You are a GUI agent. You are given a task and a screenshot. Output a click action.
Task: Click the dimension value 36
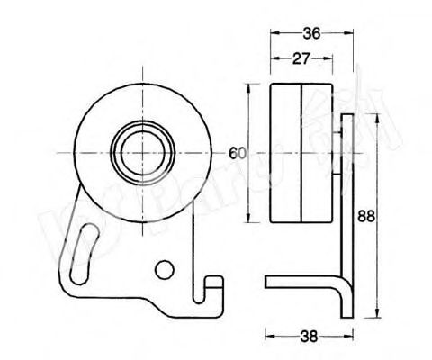pos(310,33)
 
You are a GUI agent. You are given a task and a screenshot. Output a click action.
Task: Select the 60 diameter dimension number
pos(238,152)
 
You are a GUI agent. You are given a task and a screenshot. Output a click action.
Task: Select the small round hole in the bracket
pos(163,268)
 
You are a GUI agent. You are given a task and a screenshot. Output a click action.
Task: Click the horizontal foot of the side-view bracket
pos(297,283)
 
